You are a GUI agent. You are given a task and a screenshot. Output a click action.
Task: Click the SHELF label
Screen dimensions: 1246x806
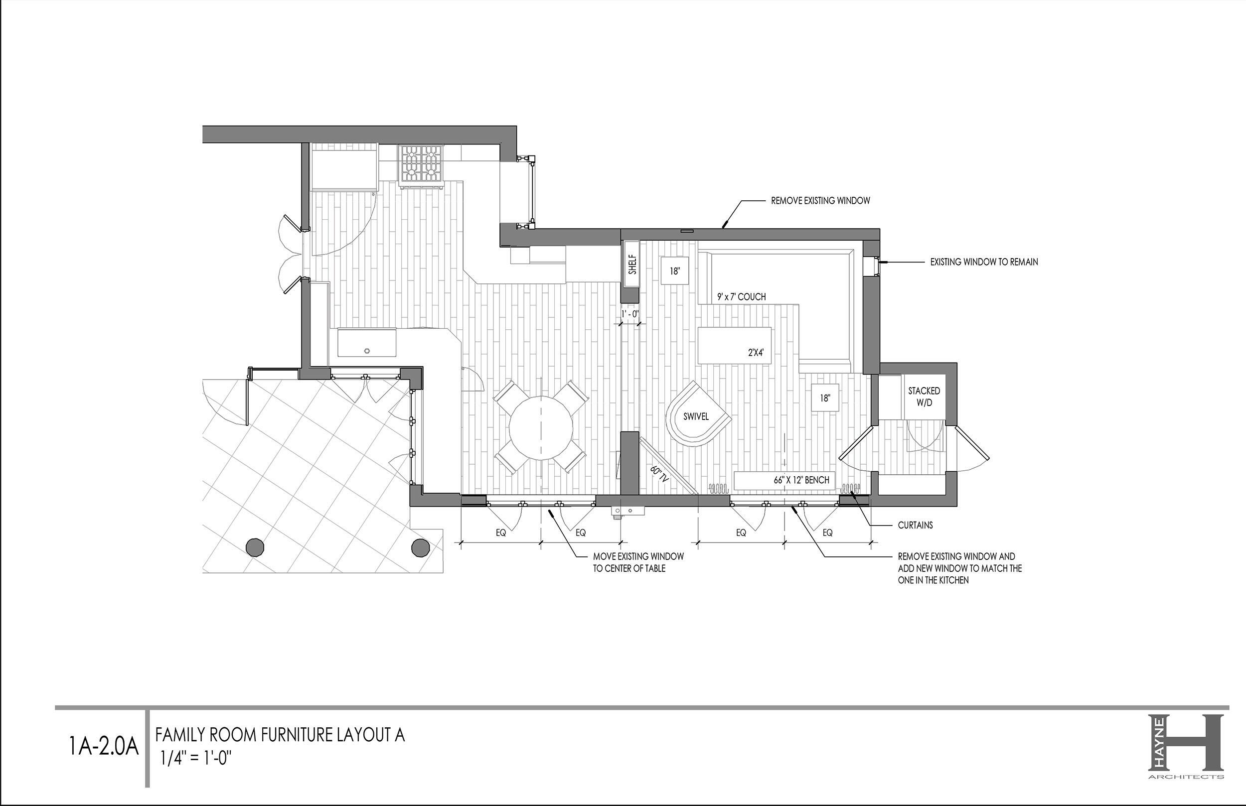point(632,265)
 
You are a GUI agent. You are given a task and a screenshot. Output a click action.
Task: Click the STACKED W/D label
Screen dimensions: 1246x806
point(924,397)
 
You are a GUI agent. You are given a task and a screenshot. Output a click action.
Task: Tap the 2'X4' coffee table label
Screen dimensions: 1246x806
point(756,353)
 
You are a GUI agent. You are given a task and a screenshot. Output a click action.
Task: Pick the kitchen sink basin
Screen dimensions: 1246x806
point(366,342)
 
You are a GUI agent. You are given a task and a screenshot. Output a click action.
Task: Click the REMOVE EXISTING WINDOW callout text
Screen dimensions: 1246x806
point(820,200)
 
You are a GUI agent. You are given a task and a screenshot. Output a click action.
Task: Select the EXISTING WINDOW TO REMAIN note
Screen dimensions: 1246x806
point(984,262)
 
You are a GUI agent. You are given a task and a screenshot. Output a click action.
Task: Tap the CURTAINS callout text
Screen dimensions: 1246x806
point(915,525)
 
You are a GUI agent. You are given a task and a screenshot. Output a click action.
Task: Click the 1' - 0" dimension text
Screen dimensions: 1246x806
point(630,314)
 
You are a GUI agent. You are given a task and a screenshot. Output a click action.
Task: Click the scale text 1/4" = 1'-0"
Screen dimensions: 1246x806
point(196,758)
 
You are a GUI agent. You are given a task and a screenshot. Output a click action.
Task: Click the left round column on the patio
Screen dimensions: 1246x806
point(255,546)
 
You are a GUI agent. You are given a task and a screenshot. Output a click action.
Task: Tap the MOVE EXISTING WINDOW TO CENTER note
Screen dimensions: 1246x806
point(638,562)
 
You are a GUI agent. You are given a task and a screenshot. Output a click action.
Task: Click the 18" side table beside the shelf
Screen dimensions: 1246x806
point(674,270)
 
